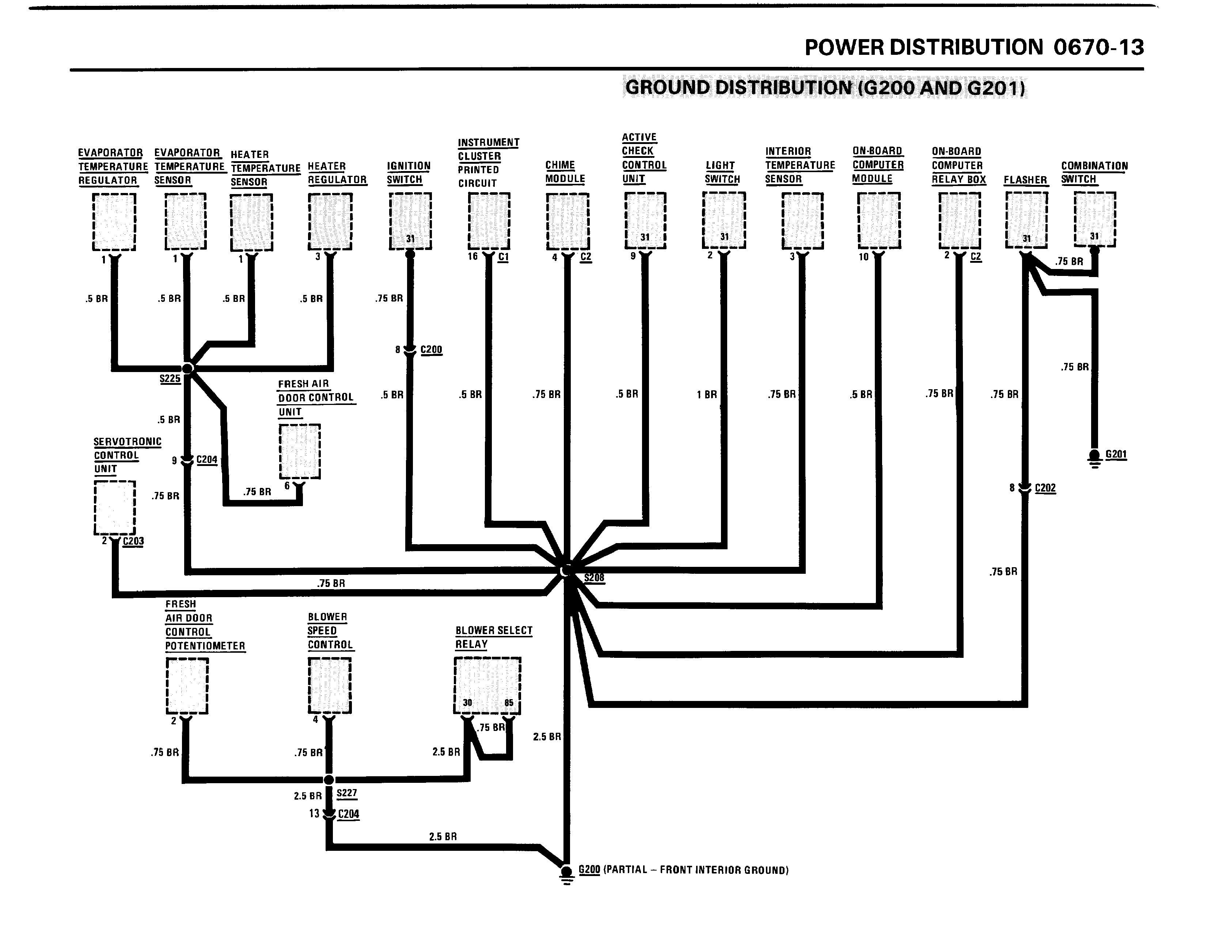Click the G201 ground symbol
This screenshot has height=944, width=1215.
(x=1094, y=457)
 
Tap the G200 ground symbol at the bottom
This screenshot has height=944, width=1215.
(x=566, y=872)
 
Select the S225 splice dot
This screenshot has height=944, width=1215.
(x=187, y=368)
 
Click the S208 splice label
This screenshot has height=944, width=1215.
(x=594, y=578)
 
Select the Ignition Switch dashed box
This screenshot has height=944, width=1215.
(x=410, y=221)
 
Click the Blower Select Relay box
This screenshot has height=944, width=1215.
(x=487, y=685)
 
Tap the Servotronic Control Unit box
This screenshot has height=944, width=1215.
(x=115, y=507)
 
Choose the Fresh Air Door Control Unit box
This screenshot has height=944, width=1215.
(x=299, y=451)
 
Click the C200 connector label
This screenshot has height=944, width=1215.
(x=431, y=350)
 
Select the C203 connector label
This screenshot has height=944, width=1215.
(x=133, y=541)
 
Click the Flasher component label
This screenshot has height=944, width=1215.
(x=1025, y=180)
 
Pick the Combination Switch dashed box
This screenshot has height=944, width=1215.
(x=1094, y=219)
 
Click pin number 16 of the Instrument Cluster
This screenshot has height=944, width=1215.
(x=472, y=257)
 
